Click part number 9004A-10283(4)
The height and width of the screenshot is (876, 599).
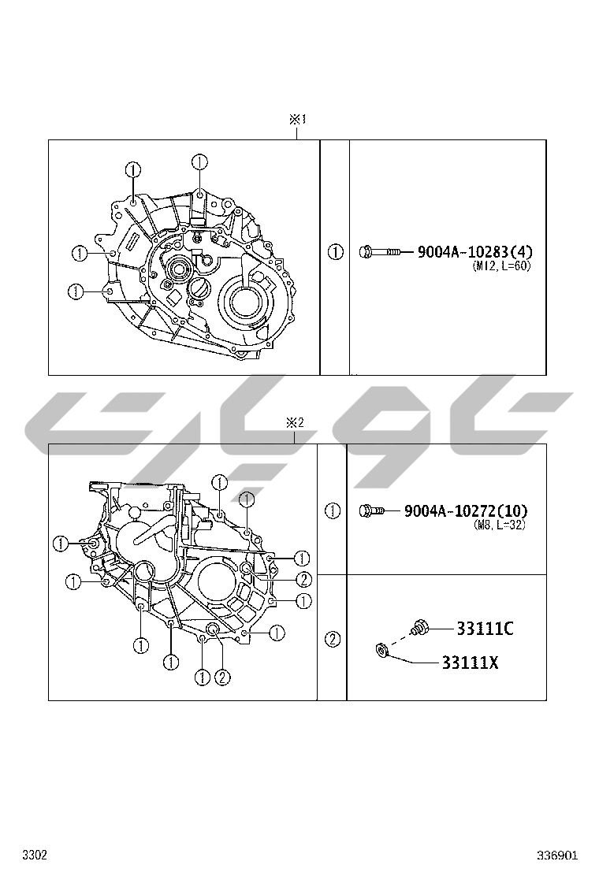(x=475, y=252)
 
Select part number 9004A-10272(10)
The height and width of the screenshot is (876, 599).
(x=466, y=510)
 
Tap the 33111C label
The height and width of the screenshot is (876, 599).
(x=485, y=629)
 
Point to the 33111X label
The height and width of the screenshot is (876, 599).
(x=470, y=663)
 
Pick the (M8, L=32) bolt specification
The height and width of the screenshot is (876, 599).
(x=500, y=525)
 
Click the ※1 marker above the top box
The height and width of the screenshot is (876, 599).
(x=297, y=119)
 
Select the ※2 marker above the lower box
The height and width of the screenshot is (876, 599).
(x=295, y=423)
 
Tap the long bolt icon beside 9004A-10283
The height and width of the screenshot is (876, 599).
(x=379, y=253)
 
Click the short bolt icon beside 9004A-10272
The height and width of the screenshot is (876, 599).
(x=371, y=510)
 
